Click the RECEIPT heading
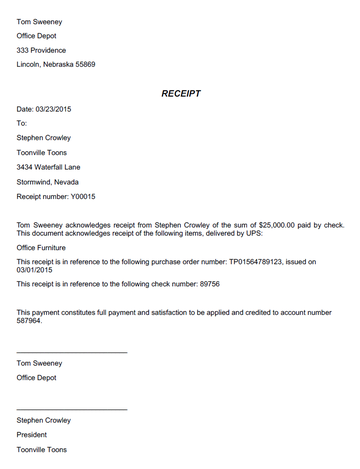180,93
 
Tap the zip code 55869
109,65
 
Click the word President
31,435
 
